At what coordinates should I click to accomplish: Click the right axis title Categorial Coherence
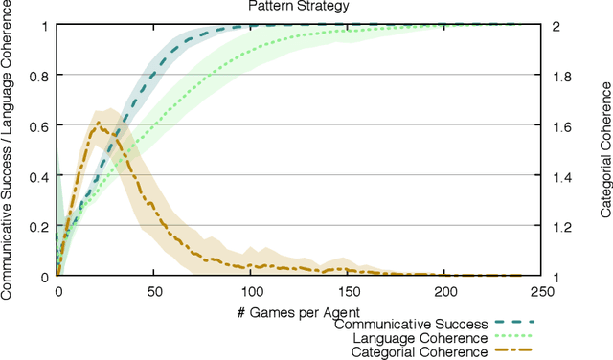(x=604, y=149)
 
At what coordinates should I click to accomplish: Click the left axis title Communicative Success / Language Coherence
(x=9, y=149)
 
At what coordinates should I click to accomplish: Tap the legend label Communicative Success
(x=411, y=324)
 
